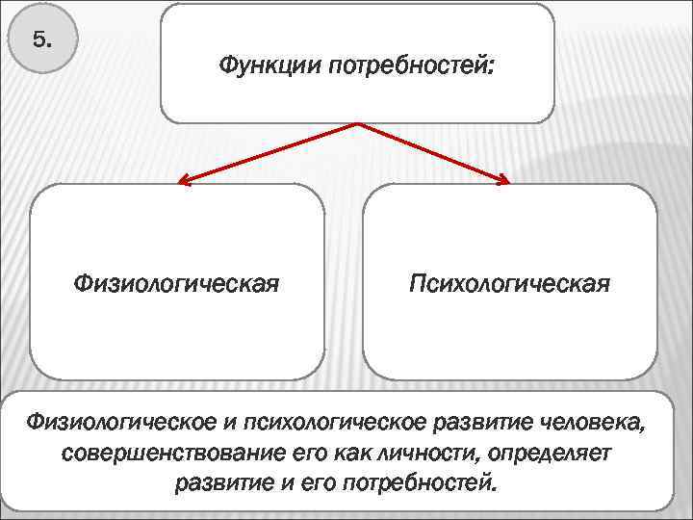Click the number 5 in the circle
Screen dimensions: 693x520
click(42, 40)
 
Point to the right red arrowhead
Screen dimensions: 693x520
click(504, 179)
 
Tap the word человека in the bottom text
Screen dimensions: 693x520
click(595, 422)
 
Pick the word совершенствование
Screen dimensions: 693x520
click(165, 452)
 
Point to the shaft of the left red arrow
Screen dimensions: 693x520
click(269, 152)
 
